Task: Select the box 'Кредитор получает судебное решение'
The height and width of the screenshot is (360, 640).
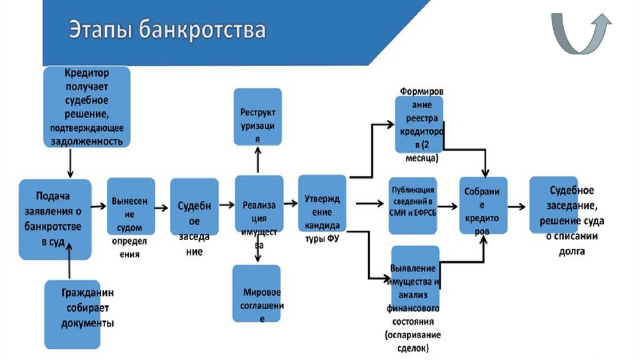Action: coord(87,106)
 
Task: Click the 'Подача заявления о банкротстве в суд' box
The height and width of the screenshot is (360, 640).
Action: coord(55,219)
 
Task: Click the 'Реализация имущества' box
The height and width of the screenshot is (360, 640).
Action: coord(259,204)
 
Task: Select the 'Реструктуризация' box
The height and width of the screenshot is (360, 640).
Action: coord(257,116)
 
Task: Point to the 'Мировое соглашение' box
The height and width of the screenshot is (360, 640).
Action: coord(256,294)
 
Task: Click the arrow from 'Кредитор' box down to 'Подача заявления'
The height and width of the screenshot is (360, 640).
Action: coord(70,164)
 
